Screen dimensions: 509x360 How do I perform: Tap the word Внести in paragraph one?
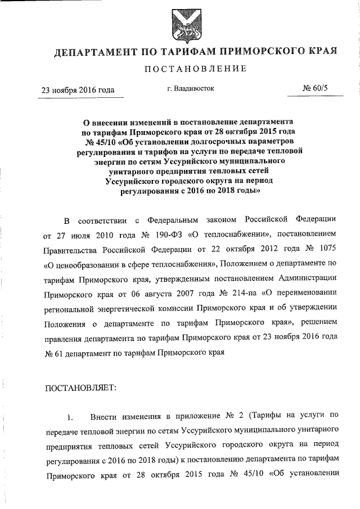[x=104, y=417]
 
